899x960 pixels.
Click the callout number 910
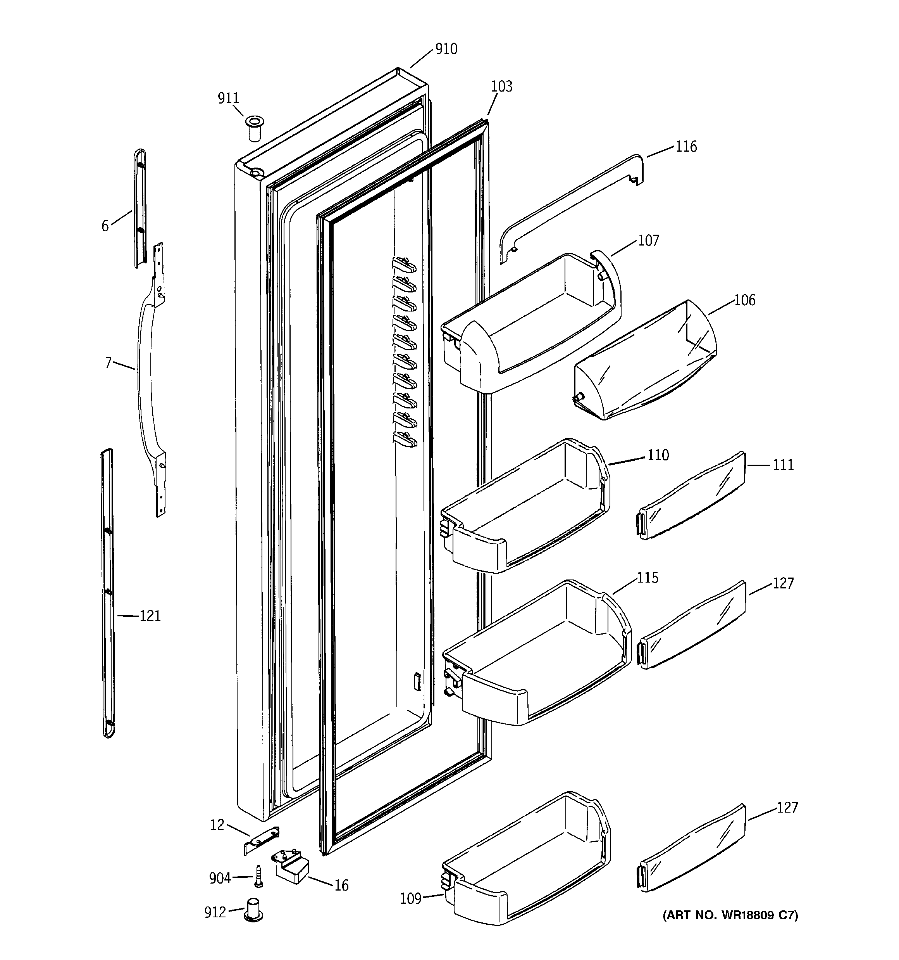pos(446,49)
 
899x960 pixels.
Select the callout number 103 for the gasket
pos(501,87)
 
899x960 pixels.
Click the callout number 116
pos(686,146)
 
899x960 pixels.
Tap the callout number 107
pos(648,240)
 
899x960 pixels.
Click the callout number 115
pos(647,578)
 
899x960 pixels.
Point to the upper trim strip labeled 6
pos(139,208)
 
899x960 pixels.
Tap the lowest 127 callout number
pos(787,808)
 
